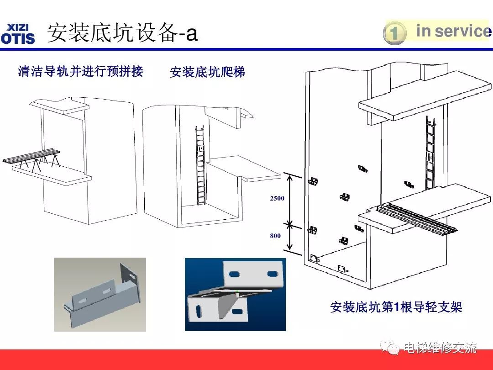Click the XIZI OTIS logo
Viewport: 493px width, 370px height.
pyautogui.click(x=18, y=33)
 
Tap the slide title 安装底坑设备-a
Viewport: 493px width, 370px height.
pyautogui.click(x=122, y=33)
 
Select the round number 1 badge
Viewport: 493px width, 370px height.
pyautogui.click(x=394, y=34)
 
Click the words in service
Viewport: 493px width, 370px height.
pyautogui.click(x=452, y=31)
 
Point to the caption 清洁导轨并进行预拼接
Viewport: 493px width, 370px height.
pyautogui.click(x=80, y=71)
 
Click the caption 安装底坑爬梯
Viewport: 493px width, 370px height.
pyautogui.click(x=207, y=72)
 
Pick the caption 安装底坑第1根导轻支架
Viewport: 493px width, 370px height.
pyautogui.click(x=396, y=307)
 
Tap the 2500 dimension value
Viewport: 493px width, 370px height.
pyautogui.click(x=277, y=198)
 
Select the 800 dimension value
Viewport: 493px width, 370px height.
pyautogui.click(x=275, y=236)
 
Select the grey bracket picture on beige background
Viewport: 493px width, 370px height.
pyautogui.click(x=100, y=294)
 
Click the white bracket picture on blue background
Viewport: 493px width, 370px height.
pyautogui.click(x=235, y=294)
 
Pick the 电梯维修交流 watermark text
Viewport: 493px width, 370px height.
pyautogui.click(x=440, y=348)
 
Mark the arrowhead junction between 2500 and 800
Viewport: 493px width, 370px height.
pyautogui.click(x=288, y=224)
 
